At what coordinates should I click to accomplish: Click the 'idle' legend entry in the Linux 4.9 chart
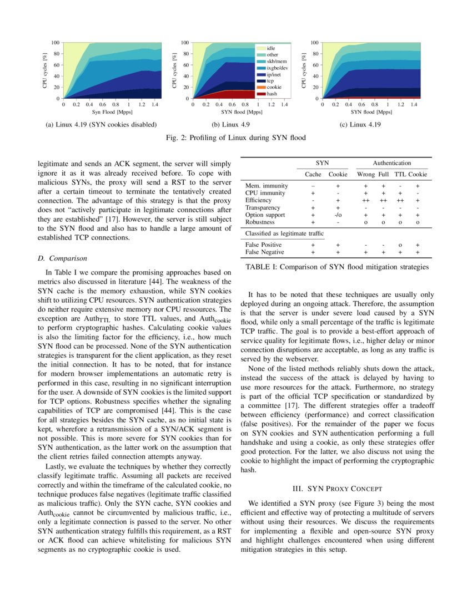pos(270,49)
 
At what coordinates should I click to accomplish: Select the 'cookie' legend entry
pos(274,88)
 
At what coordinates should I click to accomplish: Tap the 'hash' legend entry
pos(272,94)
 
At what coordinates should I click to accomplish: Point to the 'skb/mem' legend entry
pos(277,62)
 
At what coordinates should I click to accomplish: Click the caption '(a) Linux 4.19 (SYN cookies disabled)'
pos(101,124)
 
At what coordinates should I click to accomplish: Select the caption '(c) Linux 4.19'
pos(360,124)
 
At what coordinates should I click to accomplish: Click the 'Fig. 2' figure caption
pos(235,137)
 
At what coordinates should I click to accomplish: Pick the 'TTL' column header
pos(400,174)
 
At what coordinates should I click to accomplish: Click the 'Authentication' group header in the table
pos(392,163)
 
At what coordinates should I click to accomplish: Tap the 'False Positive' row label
pos(263,245)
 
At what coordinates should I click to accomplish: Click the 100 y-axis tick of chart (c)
pos(314,43)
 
